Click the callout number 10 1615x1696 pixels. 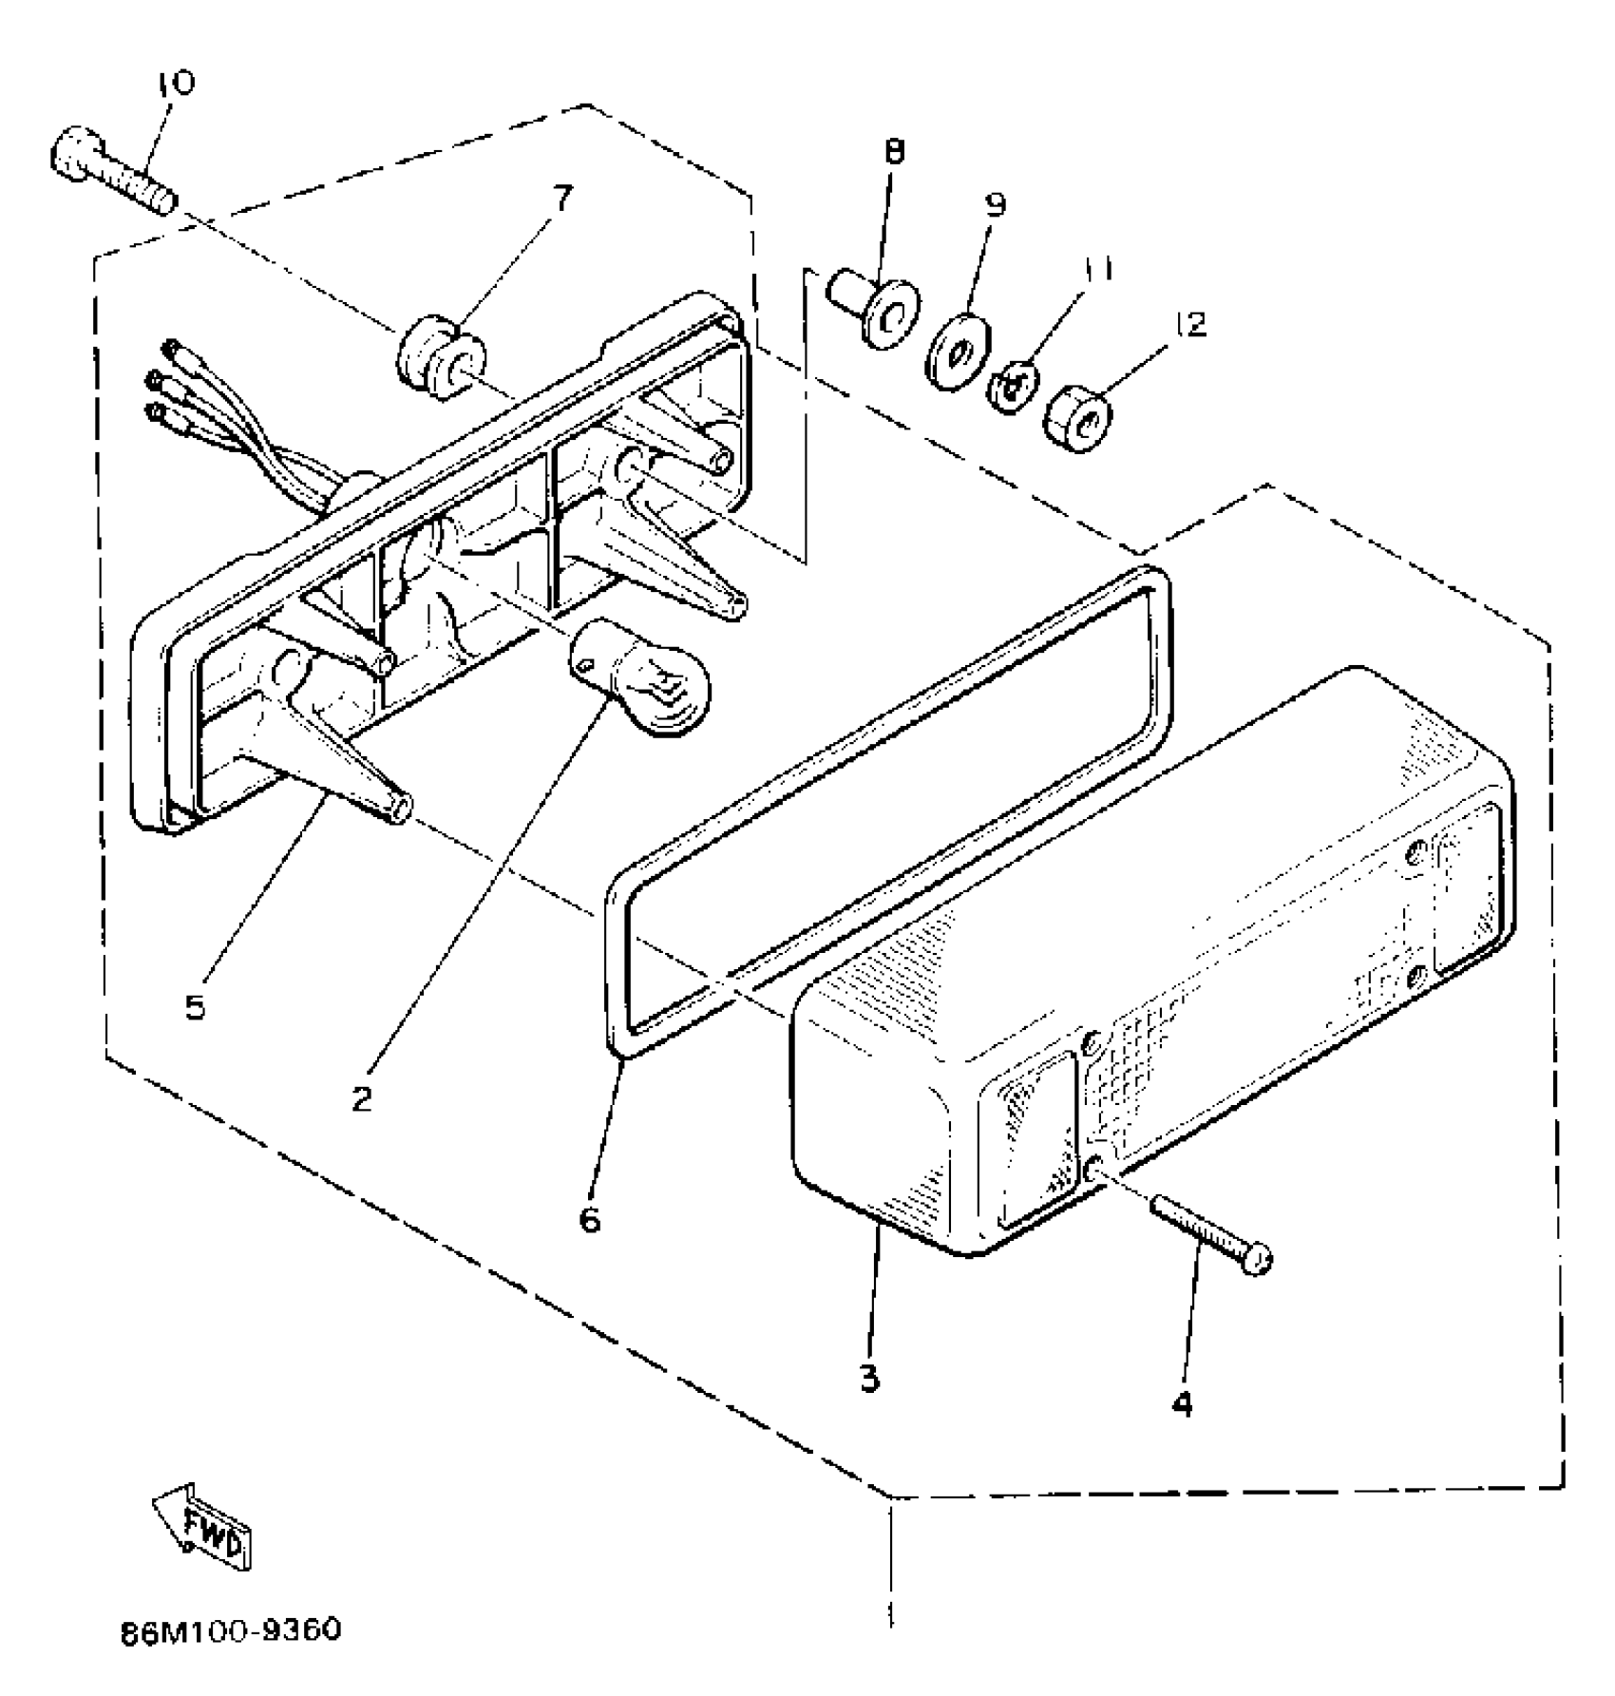click(x=176, y=83)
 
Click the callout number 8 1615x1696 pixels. click(x=894, y=152)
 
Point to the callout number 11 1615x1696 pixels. click(x=1098, y=270)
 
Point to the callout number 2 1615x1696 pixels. click(x=361, y=1099)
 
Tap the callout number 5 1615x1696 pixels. click(x=195, y=1006)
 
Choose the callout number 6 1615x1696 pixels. click(x=590, y=1219)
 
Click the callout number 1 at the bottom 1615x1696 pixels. click(x=890, y=1614)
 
